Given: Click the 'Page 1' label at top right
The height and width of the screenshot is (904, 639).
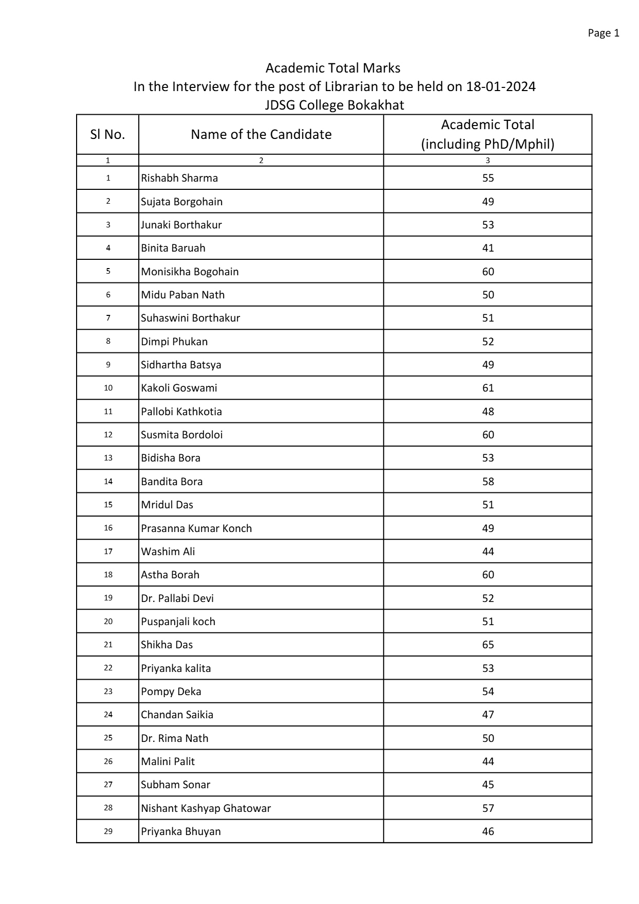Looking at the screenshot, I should [603, 33].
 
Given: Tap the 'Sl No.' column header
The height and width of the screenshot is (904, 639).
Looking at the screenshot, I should [107, 134].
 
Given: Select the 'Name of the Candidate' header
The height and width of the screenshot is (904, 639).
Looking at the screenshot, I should [261, 134].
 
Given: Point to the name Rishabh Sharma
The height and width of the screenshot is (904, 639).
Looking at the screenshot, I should [179, 178].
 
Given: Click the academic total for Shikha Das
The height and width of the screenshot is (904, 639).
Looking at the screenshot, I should [488, 645].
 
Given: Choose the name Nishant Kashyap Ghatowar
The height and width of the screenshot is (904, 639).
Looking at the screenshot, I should [206, 808].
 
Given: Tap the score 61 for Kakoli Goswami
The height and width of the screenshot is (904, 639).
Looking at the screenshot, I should [488, 388].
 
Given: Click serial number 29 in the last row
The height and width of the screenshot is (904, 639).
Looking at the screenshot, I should [108, 831].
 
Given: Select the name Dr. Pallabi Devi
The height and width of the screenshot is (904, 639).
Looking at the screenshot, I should [177, 598].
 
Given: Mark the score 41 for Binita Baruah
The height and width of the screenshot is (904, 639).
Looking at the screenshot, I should [488, 248].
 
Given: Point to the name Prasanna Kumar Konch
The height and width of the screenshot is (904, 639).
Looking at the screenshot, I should [196, 528].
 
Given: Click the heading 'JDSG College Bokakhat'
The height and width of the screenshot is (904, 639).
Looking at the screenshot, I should [334, 105].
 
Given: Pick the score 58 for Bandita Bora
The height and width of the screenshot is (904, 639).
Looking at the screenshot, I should [488, 482].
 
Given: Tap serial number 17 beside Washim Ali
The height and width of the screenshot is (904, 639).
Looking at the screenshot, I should [108, 551].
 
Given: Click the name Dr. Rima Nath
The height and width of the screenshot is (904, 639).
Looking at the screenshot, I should [175, 738].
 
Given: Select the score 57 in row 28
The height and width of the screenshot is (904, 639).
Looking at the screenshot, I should [488, 808].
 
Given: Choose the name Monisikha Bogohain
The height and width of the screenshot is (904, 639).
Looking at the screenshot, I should [190, 271].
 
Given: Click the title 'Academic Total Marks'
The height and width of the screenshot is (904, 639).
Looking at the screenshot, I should [333, 68].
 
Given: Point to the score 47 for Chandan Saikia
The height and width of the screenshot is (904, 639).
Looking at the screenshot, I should [488, 715].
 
